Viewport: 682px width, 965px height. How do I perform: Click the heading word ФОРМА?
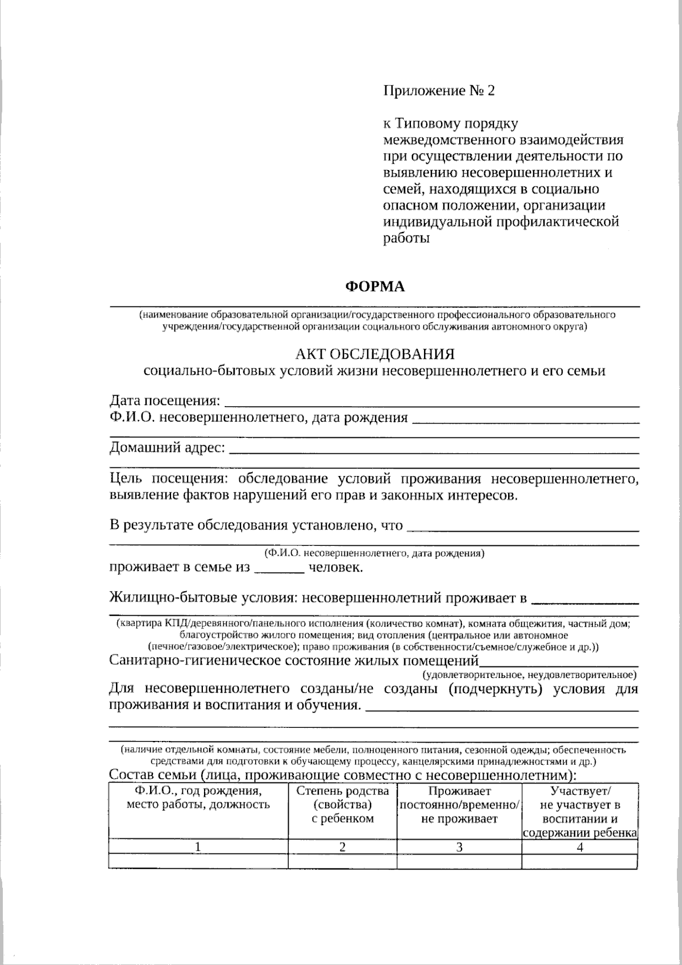pos(375,287)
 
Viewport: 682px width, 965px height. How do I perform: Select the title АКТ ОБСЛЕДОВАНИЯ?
pos(375,354)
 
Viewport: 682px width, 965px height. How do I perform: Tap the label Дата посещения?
pos(164,401)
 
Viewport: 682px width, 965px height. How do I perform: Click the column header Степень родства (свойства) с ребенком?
pos(343,805)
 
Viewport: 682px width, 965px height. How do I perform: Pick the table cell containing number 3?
pos(459,847)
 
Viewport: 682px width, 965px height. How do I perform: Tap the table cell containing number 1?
pos(198,847)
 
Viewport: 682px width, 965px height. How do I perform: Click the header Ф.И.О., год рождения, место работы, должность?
pos(198,798)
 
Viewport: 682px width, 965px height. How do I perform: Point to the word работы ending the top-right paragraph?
pos(406,238)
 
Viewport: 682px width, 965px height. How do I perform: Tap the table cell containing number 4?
pos(580,847)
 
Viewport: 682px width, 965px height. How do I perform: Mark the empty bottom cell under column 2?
pos(343,861)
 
